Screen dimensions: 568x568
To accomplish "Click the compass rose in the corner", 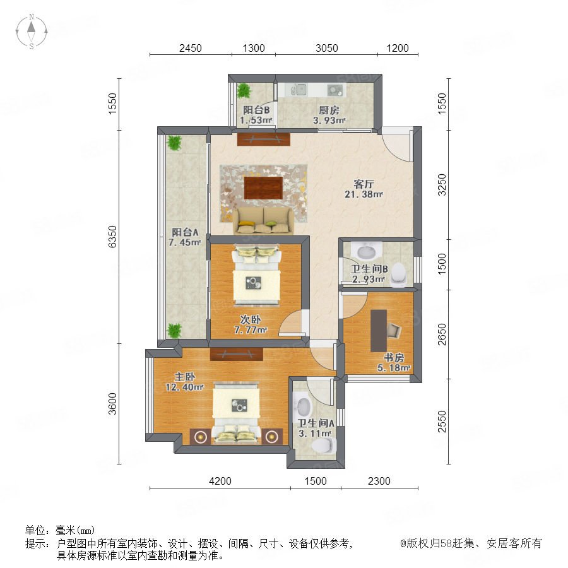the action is pyautogui.click(x=32, y=31).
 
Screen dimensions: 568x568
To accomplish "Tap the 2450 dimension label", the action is pyautogui.click(x=190, y=48).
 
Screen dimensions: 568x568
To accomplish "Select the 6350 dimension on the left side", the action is pyautogui.click(x=113, y=236).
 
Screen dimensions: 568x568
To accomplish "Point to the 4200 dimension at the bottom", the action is pyautogui.click(x=220, y=481).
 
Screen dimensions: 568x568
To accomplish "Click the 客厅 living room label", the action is pyautogui.click(x=364, y=184).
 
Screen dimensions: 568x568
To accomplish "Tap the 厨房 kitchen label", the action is pyautogui.click(x=329, y=110).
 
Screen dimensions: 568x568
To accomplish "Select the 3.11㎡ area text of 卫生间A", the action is pyautogui.click(x=315, y=433).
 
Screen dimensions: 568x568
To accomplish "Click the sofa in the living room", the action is pyautogui.click(x=263, y=221).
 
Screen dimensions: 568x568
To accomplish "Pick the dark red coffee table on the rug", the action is pyautogui.click(x=263, y=187).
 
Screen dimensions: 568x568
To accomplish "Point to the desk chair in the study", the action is pyautogui.click(x=394, y=330).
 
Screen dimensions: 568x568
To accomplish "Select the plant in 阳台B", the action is pyautogui.click(x=244, y=90).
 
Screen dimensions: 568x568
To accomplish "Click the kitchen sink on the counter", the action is pyautogui.click(x=299, y=90).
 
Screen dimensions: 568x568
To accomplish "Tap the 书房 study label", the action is pyautogui.click(x=394, y=357).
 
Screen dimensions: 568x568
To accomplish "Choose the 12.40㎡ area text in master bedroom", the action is pyautogui.click(x=184, y=387).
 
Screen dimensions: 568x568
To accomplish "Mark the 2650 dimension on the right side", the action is pyautogui.click(x=442, y=334).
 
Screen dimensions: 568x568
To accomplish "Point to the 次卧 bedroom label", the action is pyautogui.click(x=251, y=319).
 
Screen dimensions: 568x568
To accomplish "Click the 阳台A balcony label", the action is pyautogui.click(x=185, y=232).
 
